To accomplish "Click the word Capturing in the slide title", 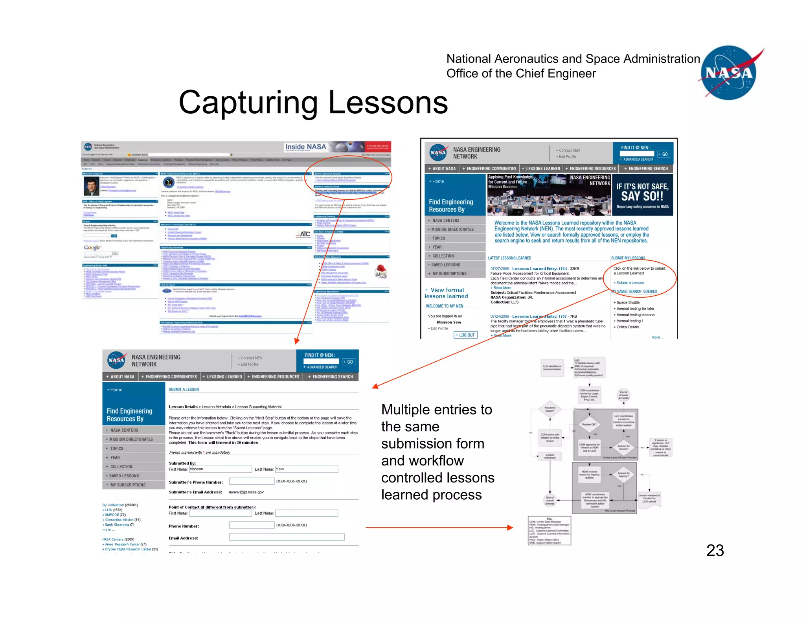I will click(x=248, y=103).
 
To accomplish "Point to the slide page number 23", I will click(x=715, y=550).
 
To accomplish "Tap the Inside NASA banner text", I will click(x=305, y=147).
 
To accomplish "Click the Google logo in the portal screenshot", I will click(x=92, y=247).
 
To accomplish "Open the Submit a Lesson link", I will click(x=630, y=283).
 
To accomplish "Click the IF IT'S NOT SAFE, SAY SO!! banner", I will click(x=642, y=194).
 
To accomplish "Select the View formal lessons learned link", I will click(x=447, y=293).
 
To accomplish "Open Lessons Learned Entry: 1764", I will click(x=539, y=269).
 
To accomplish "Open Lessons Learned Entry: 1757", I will click(x=539, y=316).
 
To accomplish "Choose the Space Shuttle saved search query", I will click(x=628, y=302).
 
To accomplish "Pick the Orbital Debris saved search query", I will click(x=627, y=327).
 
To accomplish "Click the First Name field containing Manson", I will click(x=220, y=469).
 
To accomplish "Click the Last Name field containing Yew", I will click(x=306, y=469).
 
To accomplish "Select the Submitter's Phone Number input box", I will click(x=252, y=481).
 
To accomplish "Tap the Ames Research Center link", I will click(x=122, y=544).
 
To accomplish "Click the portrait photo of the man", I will click(x=91, y=186).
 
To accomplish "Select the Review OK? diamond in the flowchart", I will click(x=589, y=425).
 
